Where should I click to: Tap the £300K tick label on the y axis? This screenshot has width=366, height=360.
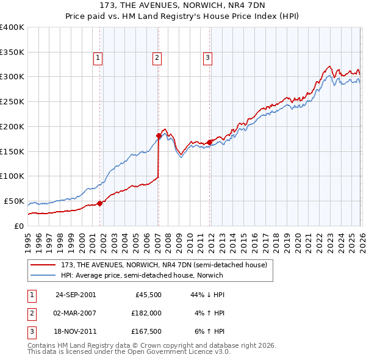coord(12,77)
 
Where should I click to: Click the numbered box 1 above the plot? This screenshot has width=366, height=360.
coord(98,58)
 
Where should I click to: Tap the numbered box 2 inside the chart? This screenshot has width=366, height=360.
coord(157,58)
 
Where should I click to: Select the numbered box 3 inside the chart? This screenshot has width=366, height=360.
coord(207,58)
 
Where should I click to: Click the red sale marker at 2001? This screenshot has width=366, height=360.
coord(100,203)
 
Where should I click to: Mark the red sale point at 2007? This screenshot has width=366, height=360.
coord(159,135)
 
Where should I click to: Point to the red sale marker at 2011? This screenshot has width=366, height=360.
coord(209,142)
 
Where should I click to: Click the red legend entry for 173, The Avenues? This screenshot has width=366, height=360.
coord(163,265)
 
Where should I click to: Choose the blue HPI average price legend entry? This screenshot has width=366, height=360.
coord(142,275)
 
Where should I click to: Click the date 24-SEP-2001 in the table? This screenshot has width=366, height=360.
coord(76,295)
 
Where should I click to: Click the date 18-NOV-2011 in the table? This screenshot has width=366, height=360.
coord(76,331)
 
